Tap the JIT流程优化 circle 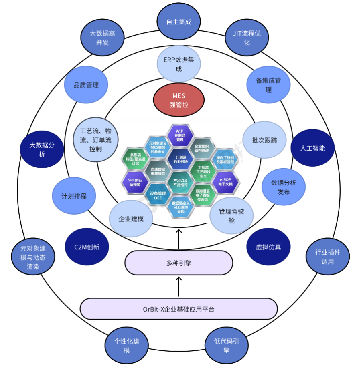coord(247,38)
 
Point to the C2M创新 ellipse coord(87,247)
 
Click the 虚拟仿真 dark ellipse coord(268,247)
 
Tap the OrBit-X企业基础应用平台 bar coord(179,309)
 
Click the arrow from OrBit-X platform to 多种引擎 coord(179,287)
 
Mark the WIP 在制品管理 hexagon coord(179,135)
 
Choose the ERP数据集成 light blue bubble coord(179,64)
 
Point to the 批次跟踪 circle coord(264,140)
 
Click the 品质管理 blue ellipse coord(86,85)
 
